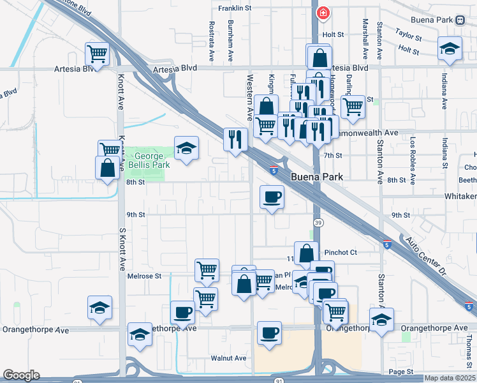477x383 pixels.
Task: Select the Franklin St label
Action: point(235,8)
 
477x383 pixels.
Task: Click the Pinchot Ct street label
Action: point(341,253)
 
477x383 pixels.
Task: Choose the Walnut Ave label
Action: point(230,359)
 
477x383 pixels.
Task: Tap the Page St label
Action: point(400,372)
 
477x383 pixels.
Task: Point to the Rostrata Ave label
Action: point(212,41)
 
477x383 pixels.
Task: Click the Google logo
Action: point(21,375)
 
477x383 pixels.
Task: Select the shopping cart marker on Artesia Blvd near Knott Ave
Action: point(97,53)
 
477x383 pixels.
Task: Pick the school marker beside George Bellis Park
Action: point(186,148)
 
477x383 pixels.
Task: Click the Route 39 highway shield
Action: point(318,222)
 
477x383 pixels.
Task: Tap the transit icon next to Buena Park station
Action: point(460,20)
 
